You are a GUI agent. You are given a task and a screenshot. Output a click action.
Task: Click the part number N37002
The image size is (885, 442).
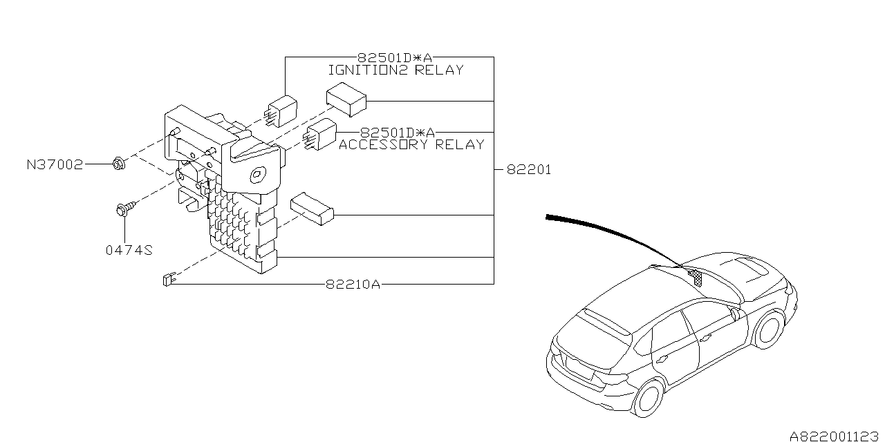click(x=55, y=164)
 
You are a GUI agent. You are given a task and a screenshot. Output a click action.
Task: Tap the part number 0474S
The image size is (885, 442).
click(x=129, y=250)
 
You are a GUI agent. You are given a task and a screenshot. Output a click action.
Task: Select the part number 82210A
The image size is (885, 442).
click(x=353, y=284)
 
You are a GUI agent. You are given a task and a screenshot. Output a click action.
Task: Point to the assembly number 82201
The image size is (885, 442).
click(x=529, y=170)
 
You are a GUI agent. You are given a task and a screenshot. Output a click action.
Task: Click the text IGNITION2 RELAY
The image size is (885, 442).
click(x=396, y=70)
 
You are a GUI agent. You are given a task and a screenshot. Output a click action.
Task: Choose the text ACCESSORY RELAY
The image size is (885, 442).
click(x=411, y=144)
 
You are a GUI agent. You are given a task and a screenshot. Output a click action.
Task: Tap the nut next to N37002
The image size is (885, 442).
click(x=118, y=163)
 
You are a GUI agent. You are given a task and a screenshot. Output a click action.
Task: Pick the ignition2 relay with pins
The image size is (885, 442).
click(x=281, y=111)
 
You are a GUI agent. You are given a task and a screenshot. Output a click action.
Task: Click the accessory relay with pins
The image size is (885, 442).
click(x=319, y=134)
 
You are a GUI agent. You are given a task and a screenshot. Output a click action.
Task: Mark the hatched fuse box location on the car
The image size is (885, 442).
click(x=696, y=278)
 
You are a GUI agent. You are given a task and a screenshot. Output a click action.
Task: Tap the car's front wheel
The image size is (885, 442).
click(x=768, y=329)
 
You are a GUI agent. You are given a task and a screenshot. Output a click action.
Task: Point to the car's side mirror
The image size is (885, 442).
click(x=735, y=314)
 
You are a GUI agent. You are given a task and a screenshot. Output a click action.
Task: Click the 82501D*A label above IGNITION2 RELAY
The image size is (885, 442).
click(x=395, y=58)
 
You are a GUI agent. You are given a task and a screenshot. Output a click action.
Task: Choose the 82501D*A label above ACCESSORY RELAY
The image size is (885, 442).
click(x=398, y=133)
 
